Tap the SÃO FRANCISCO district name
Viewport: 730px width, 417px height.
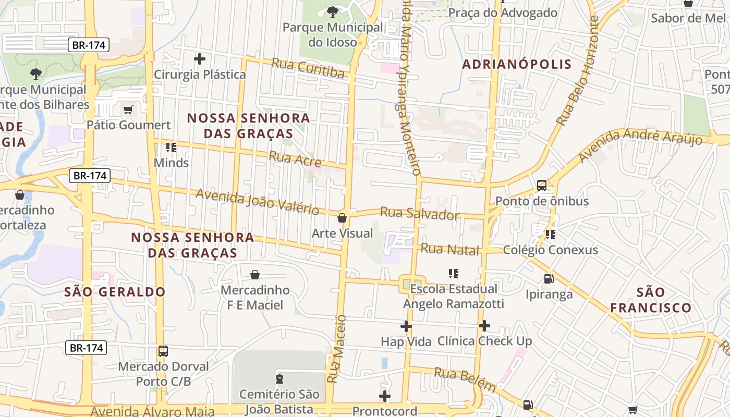point(651,300)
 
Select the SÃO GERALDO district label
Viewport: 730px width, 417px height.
point(115,292)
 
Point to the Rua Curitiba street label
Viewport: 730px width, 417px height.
point(308,68)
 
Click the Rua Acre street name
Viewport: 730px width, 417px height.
point(295,159)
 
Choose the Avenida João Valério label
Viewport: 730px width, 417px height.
point(257,202)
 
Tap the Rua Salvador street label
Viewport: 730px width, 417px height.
point(420,214)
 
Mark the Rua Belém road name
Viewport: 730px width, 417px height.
point(465,379)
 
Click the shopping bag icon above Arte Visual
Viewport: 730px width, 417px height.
point(342,218)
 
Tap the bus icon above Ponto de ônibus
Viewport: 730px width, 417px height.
point(542,186)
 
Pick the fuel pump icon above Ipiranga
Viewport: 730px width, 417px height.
point(549,279)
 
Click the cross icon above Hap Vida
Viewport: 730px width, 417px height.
point(406,326)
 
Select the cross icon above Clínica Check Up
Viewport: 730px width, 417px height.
point(484,326)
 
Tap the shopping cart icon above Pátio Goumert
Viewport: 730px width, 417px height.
point(128,110)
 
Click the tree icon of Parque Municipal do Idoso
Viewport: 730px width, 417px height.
point(332,11)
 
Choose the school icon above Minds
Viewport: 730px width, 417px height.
point(171,148)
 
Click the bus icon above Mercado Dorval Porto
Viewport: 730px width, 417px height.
point(163,351)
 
